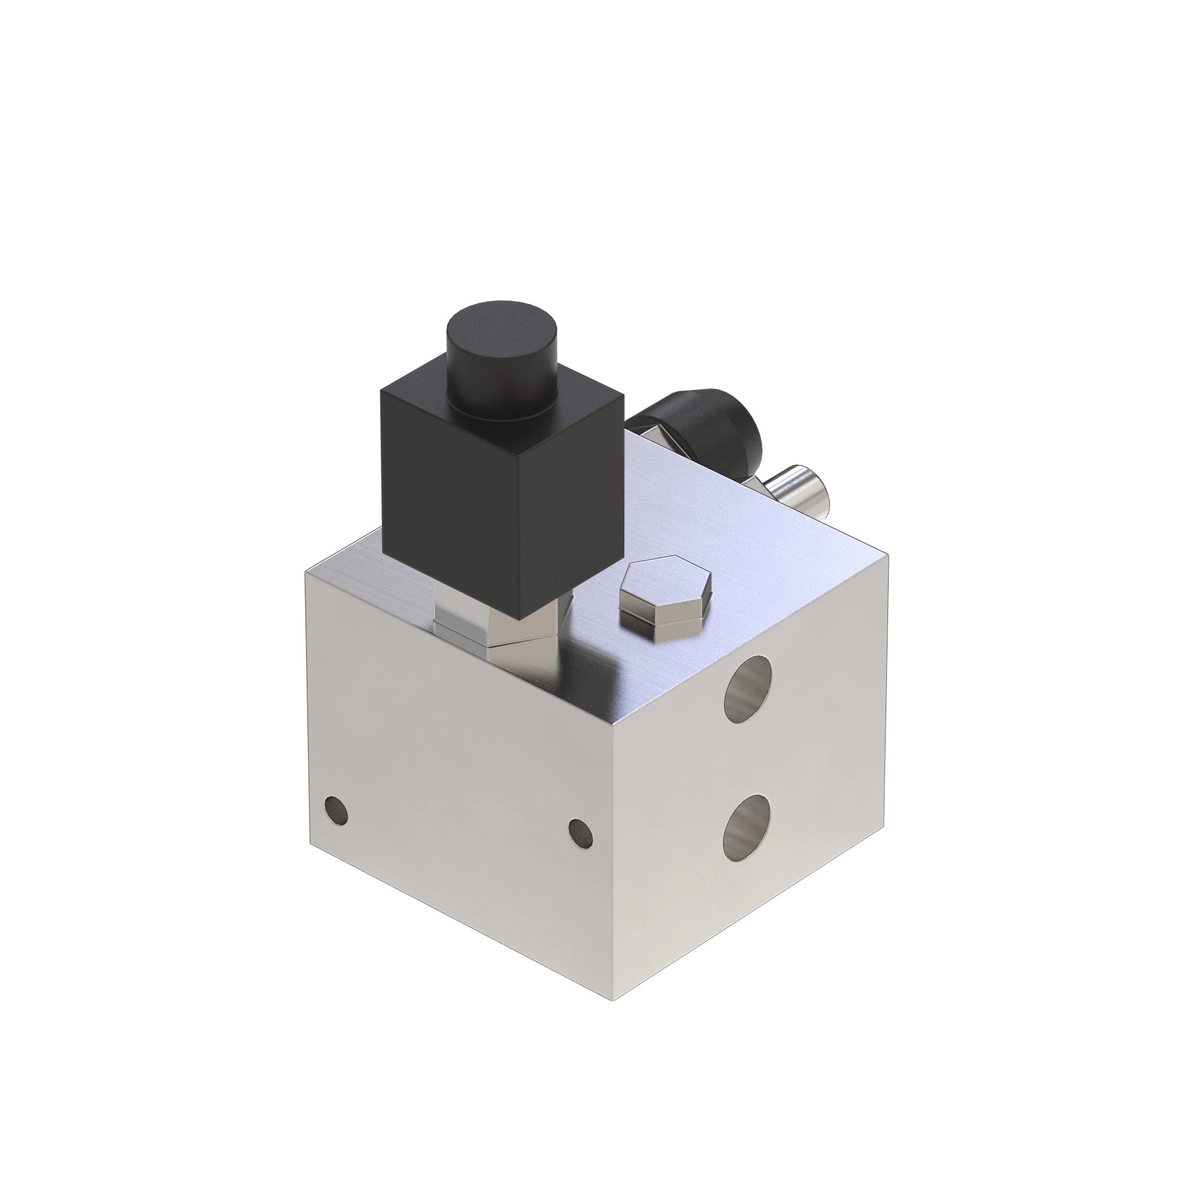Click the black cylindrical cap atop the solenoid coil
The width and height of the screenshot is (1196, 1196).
tap(502, 371)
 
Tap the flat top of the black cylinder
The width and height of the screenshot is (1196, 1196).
tap(502, 328)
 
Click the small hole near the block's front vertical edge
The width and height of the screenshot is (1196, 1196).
tap(580, 832)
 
